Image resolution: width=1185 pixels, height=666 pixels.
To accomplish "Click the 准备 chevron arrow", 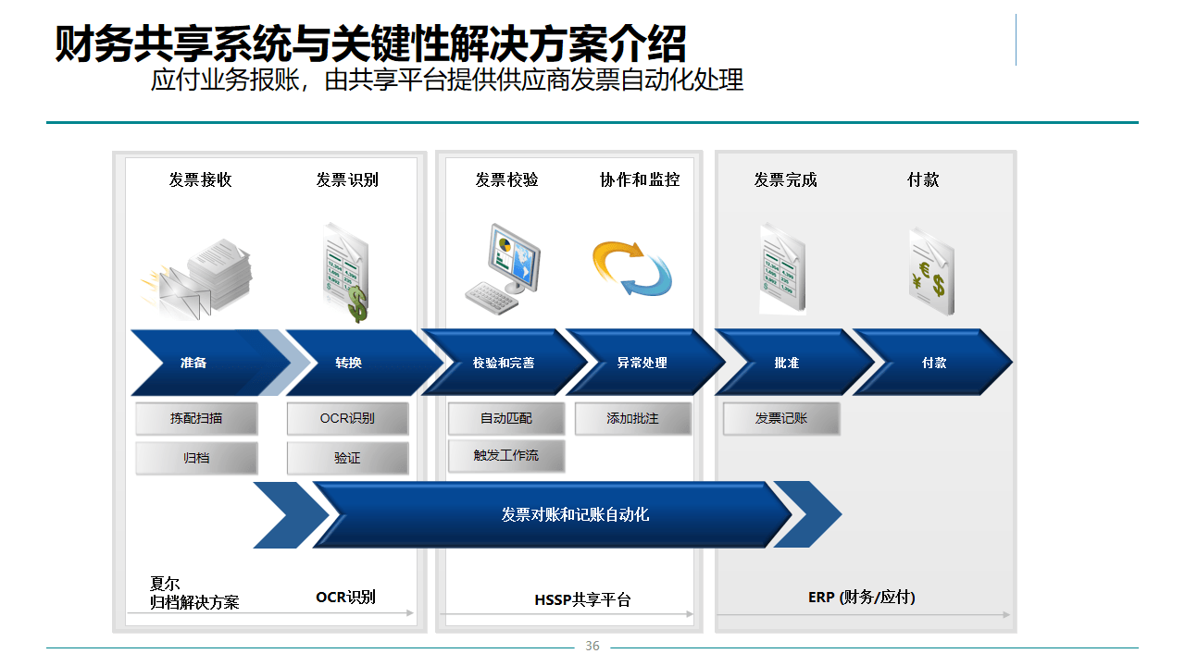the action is (x=194, y=363).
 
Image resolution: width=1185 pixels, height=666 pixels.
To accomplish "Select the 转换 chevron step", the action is (x=349, y=363).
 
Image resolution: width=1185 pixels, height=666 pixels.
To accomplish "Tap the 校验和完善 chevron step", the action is (x=503, y=363).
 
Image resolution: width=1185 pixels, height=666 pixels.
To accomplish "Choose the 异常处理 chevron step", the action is (x=642, y=363).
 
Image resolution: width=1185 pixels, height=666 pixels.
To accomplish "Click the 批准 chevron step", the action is (x=787, y=363).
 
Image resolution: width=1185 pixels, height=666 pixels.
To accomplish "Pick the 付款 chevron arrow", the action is (x=933, y=363).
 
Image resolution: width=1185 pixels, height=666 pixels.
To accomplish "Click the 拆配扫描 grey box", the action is (x=196, y=418).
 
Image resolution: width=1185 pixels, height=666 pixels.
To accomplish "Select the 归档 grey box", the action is (x=196, y=458).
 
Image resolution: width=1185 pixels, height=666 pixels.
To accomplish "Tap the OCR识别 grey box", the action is (x=347, y=418).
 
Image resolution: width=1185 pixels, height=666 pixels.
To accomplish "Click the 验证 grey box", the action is (x=347, y=458).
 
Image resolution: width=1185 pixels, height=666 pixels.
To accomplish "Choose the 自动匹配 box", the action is (x=506, y=418).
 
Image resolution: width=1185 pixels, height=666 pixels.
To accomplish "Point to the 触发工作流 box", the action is (x=506, y=455).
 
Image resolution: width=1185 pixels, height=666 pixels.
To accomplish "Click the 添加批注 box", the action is (x=633, y=418).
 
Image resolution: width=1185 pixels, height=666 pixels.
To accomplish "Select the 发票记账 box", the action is (x=781, y=418).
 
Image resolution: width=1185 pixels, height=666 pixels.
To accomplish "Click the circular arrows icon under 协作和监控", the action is (x=632, y=268).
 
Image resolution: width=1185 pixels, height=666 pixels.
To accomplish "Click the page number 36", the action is (x=592, y=646).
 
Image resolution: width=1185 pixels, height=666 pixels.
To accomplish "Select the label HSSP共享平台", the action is (x=582, y=599).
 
